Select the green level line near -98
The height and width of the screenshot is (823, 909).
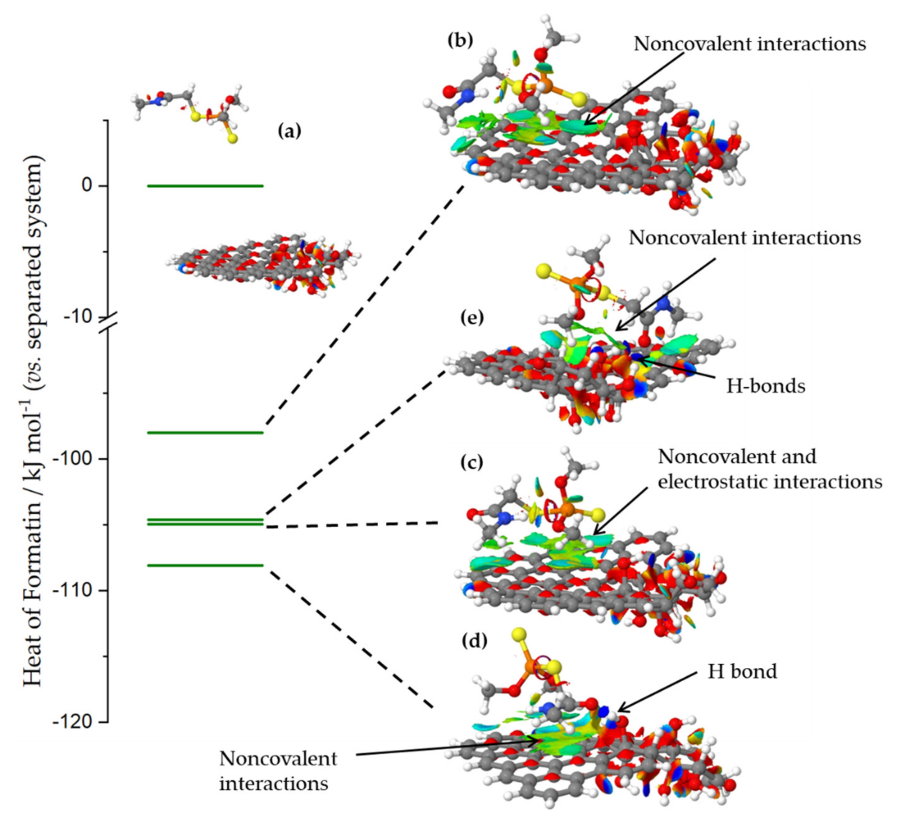[x=205, y=433]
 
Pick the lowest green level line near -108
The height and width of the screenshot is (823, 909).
[x=205, y=565]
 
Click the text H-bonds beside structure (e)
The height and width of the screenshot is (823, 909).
[x=765, y=386]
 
